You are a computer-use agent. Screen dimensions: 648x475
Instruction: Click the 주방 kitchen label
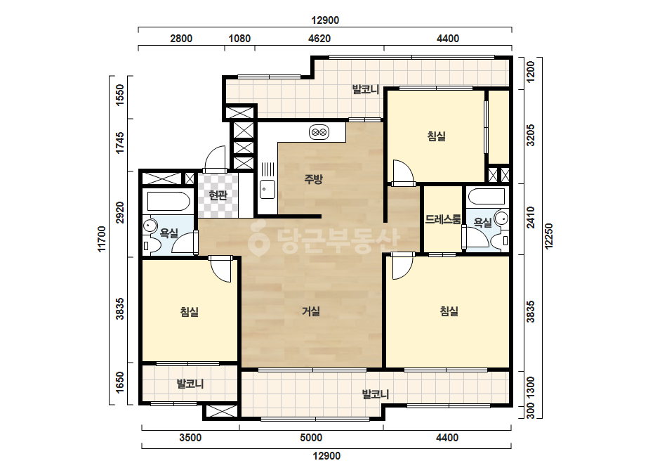(x=313, y=178)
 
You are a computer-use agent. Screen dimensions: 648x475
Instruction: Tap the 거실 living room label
(x=311, y=311)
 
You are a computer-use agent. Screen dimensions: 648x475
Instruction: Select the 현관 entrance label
(x=218, y=195)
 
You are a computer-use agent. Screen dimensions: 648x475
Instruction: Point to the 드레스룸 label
(x=443, y=219)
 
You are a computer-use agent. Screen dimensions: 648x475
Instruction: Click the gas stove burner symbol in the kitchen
(x=319, y=132)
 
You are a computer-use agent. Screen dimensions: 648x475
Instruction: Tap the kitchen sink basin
(x=267, y=190)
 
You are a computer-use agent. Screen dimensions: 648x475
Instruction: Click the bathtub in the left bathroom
(x=168, y=202)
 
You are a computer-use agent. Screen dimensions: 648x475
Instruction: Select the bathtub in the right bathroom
(x=487, y=197)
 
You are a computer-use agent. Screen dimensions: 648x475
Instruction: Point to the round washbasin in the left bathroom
(x=149, y=226)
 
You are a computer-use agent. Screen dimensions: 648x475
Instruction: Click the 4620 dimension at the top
(x=319, y=39)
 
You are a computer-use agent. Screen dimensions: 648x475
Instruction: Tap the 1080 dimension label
(x=239, y=39)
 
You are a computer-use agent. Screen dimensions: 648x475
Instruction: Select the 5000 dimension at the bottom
(x=311, y=437)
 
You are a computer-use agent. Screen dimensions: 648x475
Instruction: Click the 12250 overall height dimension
(x=549, y=236)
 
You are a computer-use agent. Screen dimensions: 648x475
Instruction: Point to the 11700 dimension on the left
(x=102, y=239)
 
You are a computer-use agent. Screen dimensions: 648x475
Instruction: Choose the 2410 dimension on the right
(x=531, y=217)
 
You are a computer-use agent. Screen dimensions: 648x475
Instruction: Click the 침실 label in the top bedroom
(x=437, y=136)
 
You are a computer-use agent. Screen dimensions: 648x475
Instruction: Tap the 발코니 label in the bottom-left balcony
(x=190, y=384)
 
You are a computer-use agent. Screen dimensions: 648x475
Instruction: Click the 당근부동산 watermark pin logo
(x=258, y=238)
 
